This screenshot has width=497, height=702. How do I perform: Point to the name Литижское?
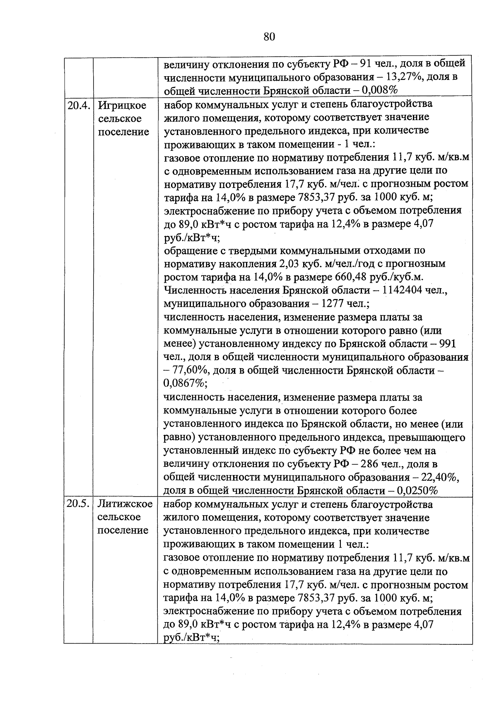125,504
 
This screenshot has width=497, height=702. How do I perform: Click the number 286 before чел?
369,464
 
